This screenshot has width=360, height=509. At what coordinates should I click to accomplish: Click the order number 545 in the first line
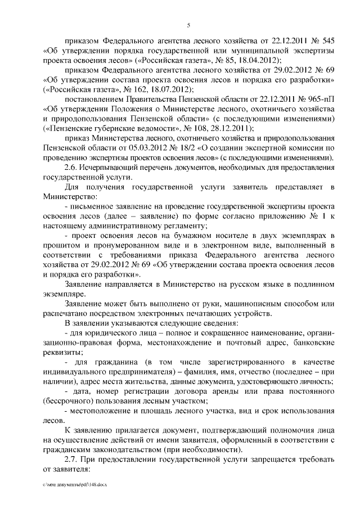(x=326, y=41)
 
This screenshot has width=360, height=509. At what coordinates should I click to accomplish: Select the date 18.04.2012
(x=258, y=60)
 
